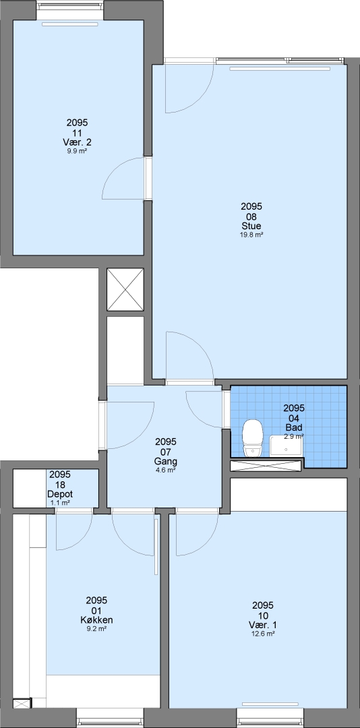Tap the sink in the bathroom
coord(286,446)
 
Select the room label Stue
coord(251,226)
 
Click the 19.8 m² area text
coord(251,235)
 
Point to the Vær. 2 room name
coord(77,142)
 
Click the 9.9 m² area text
coord(77,151)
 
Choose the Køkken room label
coord(96,620)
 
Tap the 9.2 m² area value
coord(96,629)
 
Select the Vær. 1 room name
coord(263,624)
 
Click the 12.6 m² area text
coord(263,633)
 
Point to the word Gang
coord(166,462)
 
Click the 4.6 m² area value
coord(166,471)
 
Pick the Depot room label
coord(60,495)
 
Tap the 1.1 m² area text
coord(60,503)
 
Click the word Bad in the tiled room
coord(294,427)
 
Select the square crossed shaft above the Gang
coord(125,289)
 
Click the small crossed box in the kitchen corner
coord(22,703)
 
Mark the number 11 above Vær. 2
coord(77,133)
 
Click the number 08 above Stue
coord(251,216)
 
